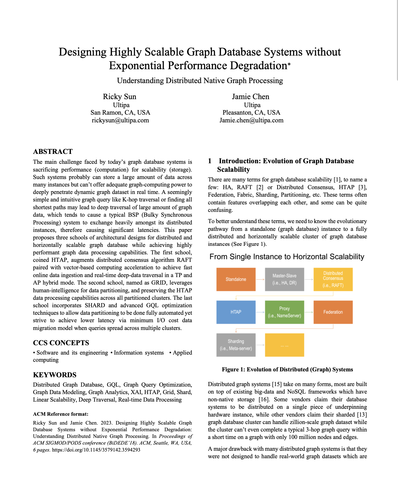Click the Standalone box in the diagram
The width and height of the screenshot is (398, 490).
236,279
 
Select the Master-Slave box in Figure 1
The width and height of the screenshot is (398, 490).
284,279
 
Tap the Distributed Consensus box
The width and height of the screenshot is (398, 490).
333,279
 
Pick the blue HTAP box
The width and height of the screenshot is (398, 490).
236,312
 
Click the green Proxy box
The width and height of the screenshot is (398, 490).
284,312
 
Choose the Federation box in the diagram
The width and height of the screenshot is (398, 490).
333,312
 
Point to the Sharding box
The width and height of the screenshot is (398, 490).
236,345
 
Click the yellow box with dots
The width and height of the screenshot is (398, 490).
284,345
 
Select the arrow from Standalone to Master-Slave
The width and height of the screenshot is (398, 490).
260,279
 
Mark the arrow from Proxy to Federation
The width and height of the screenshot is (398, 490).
309,312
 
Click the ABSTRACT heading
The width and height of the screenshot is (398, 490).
53,152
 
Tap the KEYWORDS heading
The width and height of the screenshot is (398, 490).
54,375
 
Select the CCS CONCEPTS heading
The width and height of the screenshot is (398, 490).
61,343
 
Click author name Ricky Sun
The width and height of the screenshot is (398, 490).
120,97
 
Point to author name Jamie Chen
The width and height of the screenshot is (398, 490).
251,97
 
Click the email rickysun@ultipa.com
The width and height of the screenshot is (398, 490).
120,120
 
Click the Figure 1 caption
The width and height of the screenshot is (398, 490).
287,370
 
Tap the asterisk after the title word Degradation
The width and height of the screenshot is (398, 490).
289,64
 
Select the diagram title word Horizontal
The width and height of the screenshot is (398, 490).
310,257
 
